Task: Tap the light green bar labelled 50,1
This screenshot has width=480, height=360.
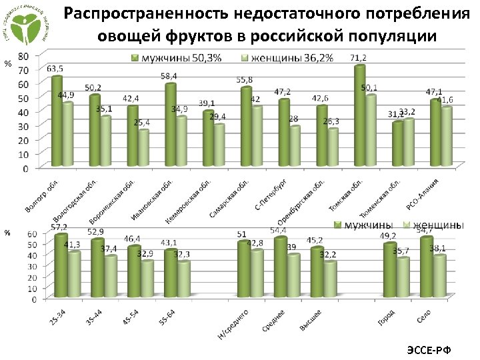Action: [371, 130]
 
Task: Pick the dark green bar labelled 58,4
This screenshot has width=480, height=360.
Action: [171, 124]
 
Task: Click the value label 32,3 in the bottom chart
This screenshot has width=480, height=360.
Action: [182, 254]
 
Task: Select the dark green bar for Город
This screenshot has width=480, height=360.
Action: [389, 269]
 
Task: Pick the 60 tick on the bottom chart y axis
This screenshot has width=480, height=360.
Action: [31, 234]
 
